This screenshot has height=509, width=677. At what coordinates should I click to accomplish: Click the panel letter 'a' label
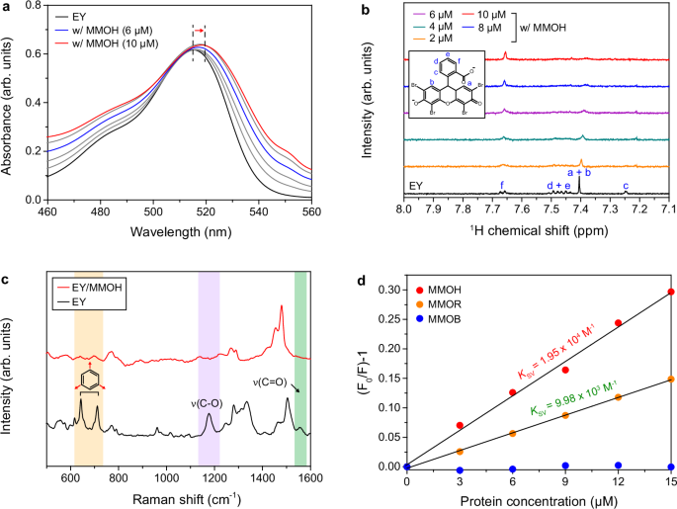coord(7,8)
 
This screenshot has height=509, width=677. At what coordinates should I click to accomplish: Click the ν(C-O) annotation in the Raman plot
coord(210,402)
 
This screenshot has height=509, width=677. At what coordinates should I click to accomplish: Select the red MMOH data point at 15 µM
coord(671,292)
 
